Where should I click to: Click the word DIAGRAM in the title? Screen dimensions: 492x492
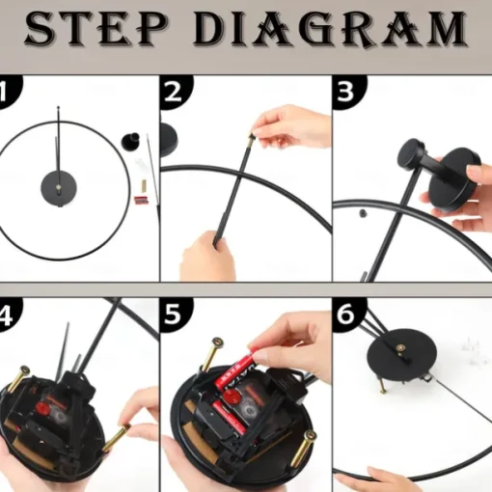coord(330,28)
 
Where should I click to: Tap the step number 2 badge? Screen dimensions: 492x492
coord(177,92)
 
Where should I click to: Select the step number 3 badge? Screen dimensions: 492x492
coord(349,92)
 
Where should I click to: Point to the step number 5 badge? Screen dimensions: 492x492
coord(177,314)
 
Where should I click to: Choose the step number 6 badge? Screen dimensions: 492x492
coord(349,314)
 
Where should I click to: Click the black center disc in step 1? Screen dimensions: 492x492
coord(59,188)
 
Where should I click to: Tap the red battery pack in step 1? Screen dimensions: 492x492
coord(141,200)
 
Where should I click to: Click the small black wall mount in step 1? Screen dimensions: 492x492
coord(130,141)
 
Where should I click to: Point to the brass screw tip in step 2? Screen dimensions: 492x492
coord(252,137)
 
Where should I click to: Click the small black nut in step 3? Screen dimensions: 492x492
coord(363,213)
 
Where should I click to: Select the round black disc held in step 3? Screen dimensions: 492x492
coord(454,180)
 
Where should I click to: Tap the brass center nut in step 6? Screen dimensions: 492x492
coord(400,348)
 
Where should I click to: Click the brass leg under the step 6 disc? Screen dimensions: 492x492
coord(383,386)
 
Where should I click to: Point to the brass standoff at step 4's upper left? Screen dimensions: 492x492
coord(19,379)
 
